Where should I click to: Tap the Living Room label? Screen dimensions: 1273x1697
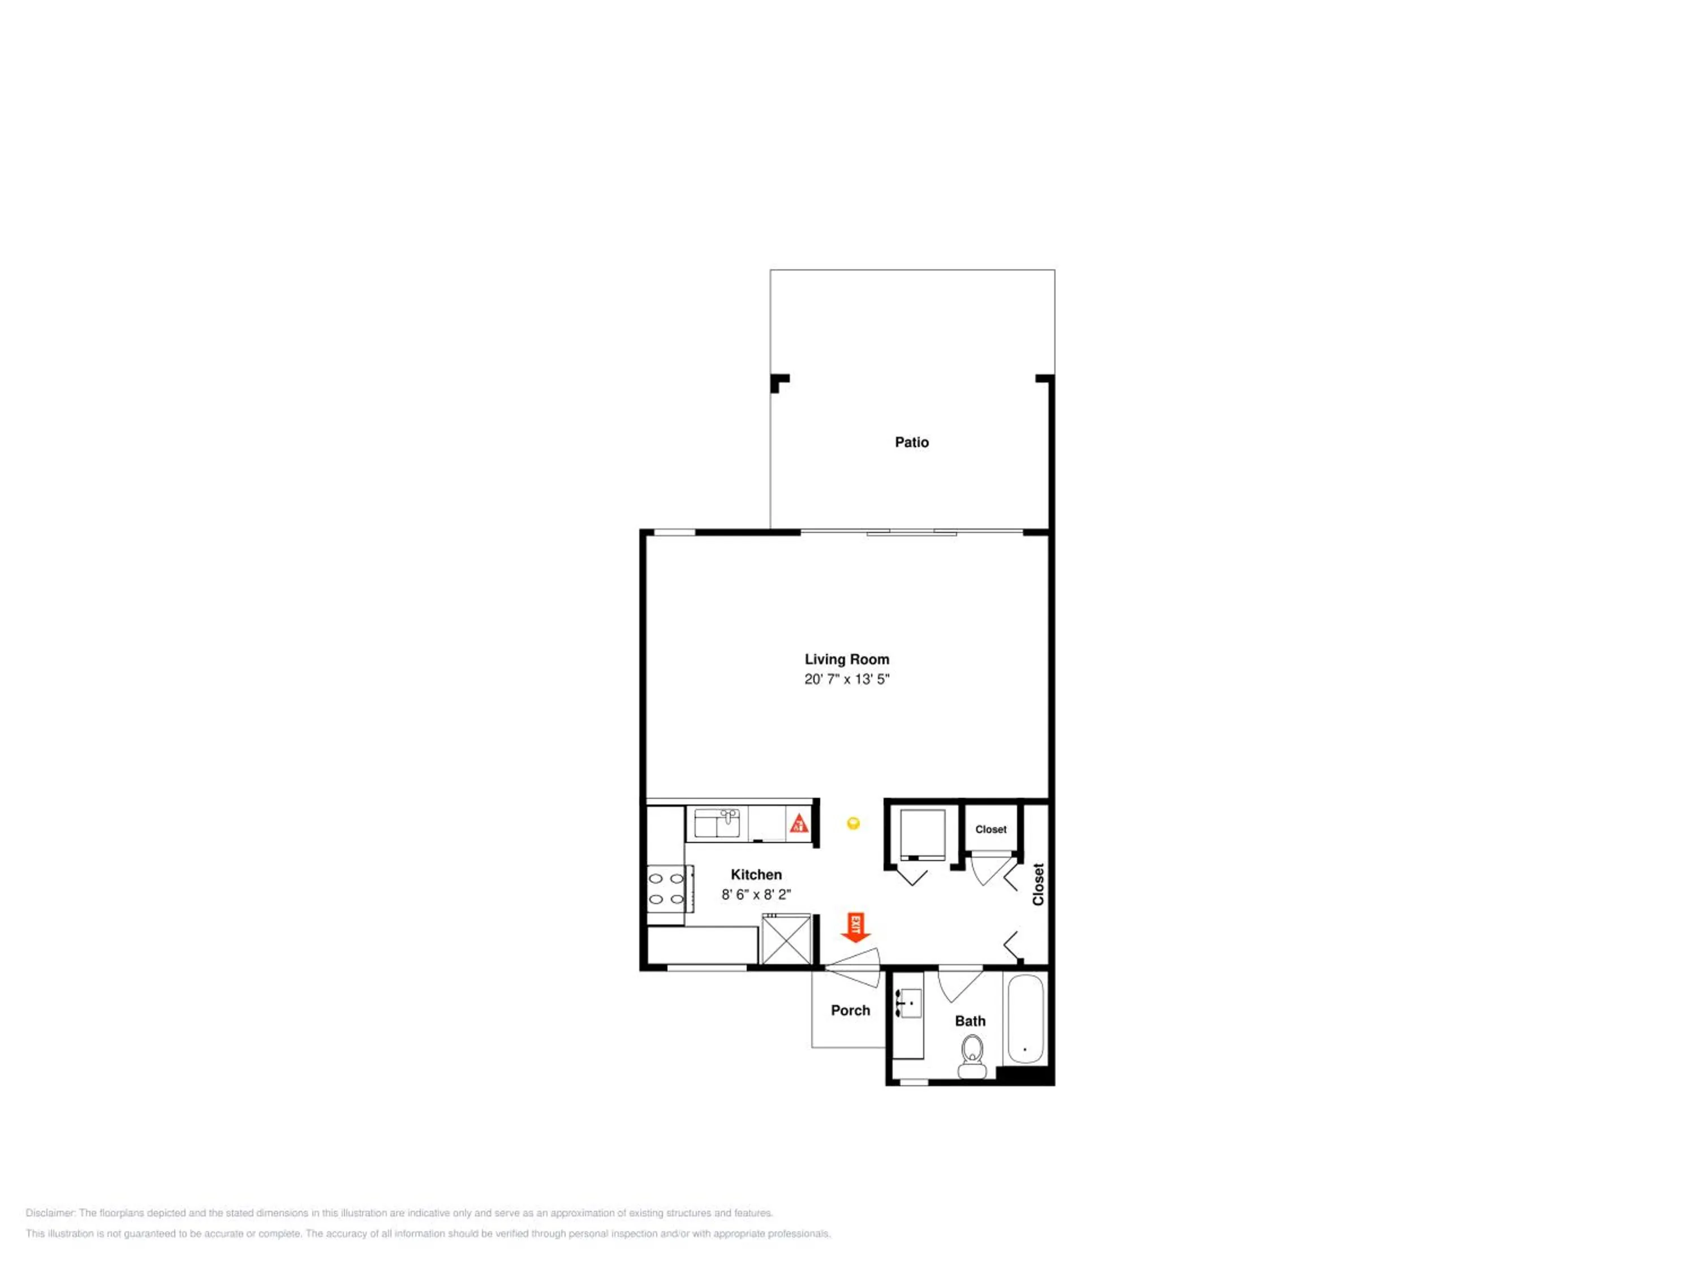(846, 659)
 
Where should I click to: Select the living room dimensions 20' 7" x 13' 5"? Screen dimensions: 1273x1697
(846, 679)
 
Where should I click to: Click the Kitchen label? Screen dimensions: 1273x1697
(756, 875)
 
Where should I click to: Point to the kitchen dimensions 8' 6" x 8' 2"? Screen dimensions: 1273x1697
(756, 894)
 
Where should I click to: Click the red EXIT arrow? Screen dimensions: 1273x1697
(855, 927)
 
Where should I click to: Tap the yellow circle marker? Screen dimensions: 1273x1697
(853, 823)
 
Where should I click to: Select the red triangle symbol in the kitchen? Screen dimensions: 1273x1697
(799, 824)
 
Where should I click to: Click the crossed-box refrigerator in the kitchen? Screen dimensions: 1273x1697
(786, 939)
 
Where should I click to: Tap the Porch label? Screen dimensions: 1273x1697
(850, 1010)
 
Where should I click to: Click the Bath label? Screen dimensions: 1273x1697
(970, 1021)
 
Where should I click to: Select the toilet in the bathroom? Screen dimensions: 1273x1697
(972, 1056)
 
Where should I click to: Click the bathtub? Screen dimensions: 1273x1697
(1024, 1018)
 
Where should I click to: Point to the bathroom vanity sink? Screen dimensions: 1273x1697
(908, 1004)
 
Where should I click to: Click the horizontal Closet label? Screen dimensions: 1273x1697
(990, 829)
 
